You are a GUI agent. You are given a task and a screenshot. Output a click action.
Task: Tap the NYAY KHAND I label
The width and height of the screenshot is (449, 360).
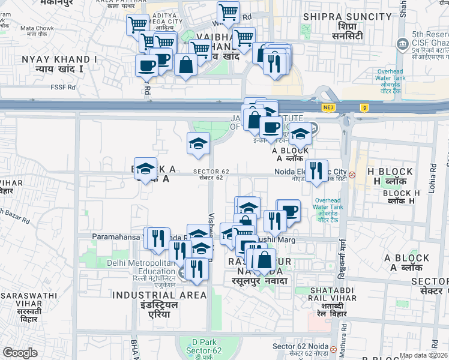click(x=59, y=59)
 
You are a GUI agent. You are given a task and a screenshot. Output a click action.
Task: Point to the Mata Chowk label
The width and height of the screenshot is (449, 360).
click(x=37, y=28)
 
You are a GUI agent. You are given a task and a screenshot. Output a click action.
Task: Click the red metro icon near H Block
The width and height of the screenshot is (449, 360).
click(x=353, y=175)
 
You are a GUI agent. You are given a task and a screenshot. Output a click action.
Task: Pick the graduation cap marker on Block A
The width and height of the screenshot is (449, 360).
click(x=145, y=169)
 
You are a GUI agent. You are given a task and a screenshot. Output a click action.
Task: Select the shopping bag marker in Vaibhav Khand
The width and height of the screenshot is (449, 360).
click(x=186, y=65)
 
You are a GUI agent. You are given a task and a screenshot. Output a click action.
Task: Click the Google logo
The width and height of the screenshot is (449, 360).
click(x=20, y=353)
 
